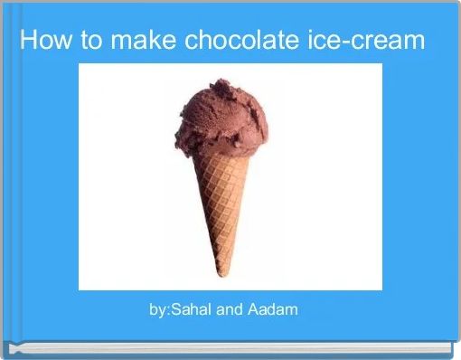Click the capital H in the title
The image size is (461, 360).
tap(28, 41)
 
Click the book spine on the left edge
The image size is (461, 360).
tap(5, 181)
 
